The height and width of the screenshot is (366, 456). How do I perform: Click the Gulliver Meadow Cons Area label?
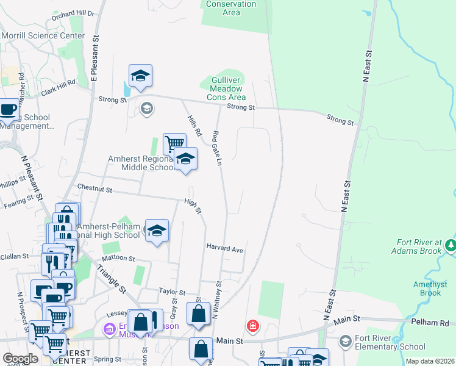tap(226, 88)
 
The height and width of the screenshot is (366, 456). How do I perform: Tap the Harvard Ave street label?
tap(224, 249)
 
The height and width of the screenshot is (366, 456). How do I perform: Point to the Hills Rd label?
tap(194, 125)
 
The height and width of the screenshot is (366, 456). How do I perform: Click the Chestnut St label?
tap(94, 190)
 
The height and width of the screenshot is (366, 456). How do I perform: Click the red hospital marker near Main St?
tap(252, 326)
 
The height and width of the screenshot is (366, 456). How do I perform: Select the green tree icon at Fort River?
tap(451, 245)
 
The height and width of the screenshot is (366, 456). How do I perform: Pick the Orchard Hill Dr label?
tap(73, 13)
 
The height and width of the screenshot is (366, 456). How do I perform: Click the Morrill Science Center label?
tap(43, 35)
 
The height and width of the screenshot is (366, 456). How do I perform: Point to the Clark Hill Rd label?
tap(58, 87)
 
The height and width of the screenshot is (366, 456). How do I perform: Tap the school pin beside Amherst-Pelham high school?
tap(157, 231)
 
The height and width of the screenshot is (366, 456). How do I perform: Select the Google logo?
tap(20, 359)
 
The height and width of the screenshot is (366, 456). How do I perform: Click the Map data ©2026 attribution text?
tap(429, 362)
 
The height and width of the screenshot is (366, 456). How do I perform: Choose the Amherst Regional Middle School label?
tap(141, 163)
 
